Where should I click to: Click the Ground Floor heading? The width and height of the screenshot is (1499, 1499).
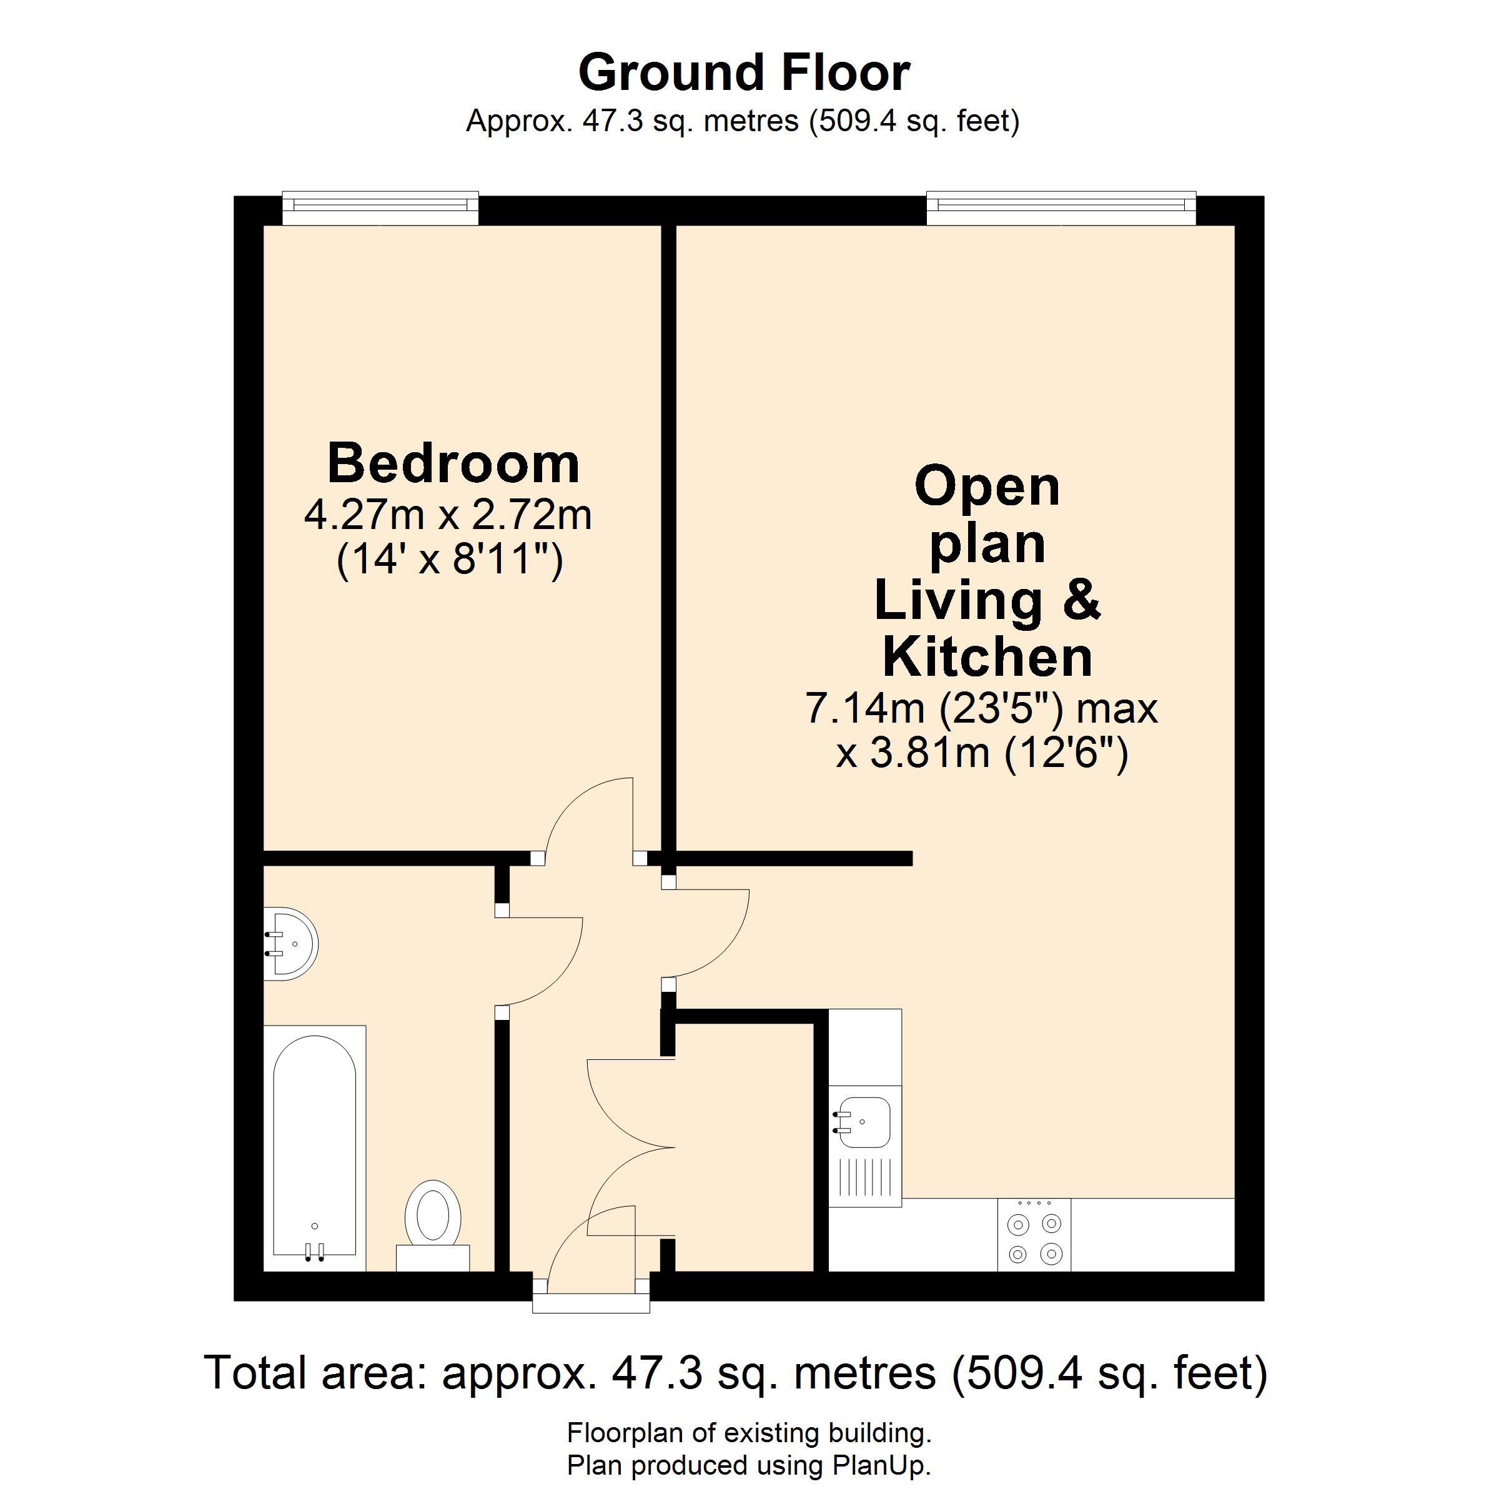pos(744,73)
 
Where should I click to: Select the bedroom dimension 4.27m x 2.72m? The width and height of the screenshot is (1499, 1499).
pos(448,515)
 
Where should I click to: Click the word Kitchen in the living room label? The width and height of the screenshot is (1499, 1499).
pos(987,657)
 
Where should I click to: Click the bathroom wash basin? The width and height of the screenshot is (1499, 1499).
pos(290,944)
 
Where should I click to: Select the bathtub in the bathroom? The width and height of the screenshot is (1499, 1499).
pos(315,1149)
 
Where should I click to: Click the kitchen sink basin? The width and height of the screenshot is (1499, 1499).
pos(864,1122)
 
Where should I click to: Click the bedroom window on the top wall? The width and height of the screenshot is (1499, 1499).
pos(380,207)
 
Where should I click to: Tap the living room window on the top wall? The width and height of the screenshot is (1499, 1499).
pos(1061,207)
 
